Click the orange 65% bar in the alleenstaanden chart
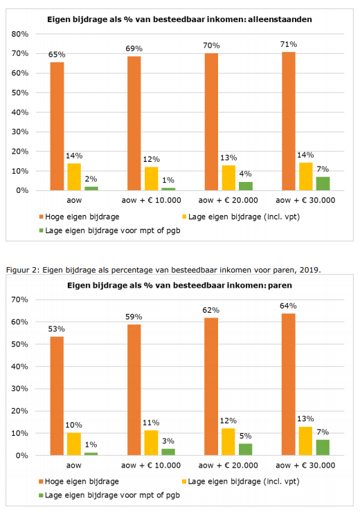[57, 126]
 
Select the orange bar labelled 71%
[289, 121]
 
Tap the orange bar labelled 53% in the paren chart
[57, 396]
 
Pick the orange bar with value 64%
[289, 384]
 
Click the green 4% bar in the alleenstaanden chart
[246, 186]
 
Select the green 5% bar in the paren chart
[246, 450]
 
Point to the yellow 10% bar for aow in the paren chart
[74, 444]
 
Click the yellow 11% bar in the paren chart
[152, 443]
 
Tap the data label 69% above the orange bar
[134, 49]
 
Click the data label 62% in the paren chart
[211, 310]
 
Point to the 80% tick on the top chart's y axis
[20, 34]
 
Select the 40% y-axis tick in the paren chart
[19, 367]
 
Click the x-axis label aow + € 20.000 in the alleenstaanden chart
[228, 201]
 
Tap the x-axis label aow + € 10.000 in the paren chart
[151, 466]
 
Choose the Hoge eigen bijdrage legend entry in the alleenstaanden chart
[79, 217]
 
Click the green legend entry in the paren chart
[109, 495]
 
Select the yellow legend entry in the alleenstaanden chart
[241, 217]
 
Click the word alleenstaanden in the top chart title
[280, 19]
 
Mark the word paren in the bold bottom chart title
[280, 285]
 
